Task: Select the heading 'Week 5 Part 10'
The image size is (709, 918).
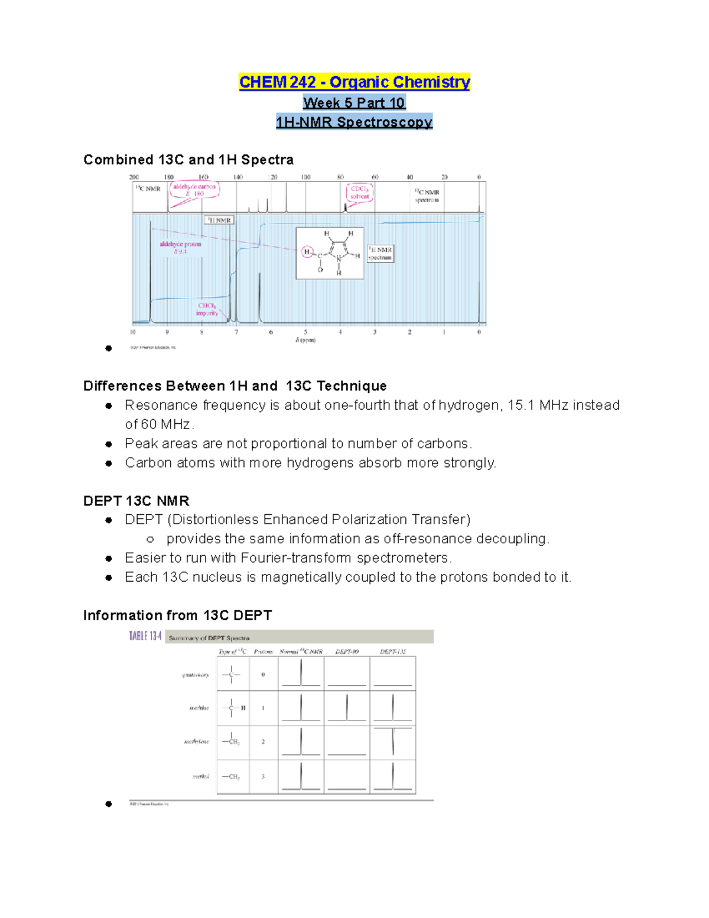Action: pos(354,103)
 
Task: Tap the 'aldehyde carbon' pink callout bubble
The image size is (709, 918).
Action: pos(194,190)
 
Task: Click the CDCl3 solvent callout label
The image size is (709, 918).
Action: pos(359,193)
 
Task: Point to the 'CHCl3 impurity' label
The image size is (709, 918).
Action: pos(207,309)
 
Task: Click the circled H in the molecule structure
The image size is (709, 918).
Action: pos(307,252)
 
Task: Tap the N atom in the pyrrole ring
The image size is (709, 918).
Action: pos(339,258)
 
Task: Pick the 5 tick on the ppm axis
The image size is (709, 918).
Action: pos(305,332)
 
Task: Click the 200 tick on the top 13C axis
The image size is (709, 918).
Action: pos(134,177)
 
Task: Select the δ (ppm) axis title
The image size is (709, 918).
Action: pos(305,340)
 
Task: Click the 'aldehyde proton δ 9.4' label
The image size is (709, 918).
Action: pos(180,247)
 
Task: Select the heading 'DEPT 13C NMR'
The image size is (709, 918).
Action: pos(136,501)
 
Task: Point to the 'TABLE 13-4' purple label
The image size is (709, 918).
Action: pos(145,637)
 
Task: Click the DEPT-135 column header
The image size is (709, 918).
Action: pos(392,651)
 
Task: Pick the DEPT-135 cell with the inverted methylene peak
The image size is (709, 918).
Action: pos(392,742)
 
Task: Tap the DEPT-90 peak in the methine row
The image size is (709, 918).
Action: pos(347,708)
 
